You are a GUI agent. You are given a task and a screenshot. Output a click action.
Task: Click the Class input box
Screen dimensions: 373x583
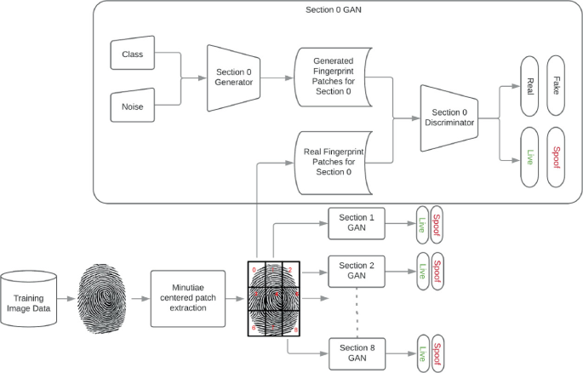132,55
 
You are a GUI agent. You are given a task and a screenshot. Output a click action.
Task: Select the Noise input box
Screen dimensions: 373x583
132,106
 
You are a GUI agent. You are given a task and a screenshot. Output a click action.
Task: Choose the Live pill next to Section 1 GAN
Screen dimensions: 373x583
421,223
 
